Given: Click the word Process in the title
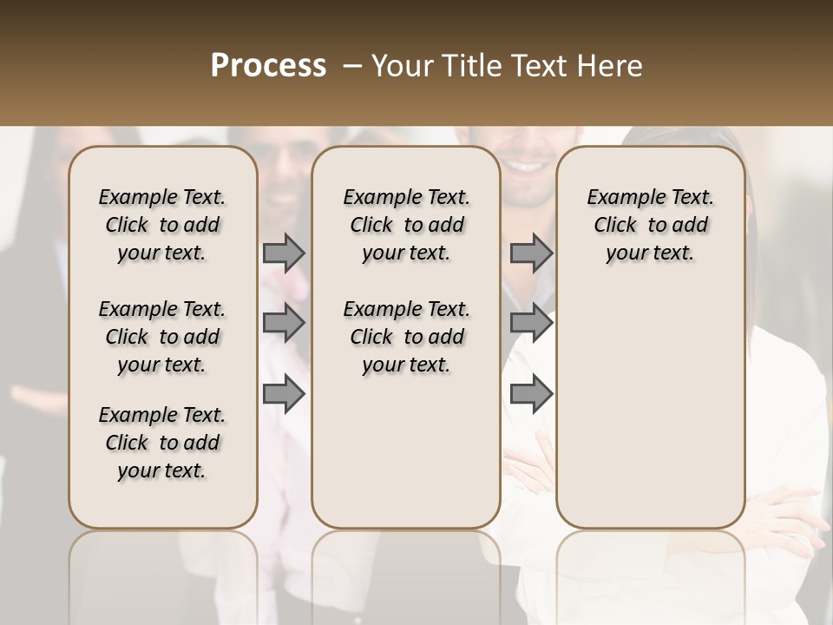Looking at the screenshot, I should [268, 66].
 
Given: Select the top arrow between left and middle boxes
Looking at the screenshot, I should [284, 253].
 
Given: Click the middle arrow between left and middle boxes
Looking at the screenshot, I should [284, 323].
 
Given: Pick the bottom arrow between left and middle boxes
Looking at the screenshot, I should [284, 394].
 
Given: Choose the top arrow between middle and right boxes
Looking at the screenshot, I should [531, 253].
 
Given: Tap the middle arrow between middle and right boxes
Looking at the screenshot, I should [531, 323].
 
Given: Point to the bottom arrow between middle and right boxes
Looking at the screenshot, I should [531, 394].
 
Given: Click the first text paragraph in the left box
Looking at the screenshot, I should [162, 225].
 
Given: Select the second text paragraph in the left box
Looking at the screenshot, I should [162, 337].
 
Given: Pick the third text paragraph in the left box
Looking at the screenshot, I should [162, 443].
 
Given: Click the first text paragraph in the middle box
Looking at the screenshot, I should [406, 225].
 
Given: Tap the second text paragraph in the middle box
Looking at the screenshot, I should [406, 337].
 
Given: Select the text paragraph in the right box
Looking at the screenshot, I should [650, 225].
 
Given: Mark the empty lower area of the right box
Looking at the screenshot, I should [650, 399].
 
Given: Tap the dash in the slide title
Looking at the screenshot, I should [352, 66].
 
